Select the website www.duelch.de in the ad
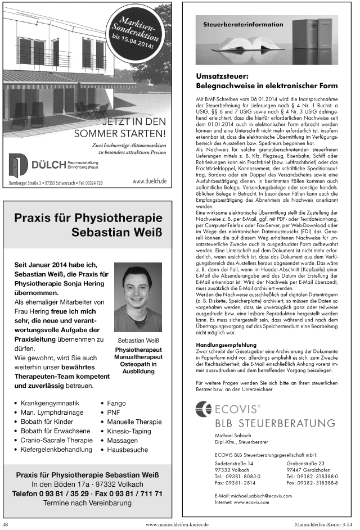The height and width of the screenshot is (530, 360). (x=149, y=181)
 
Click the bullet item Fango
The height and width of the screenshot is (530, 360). (x=116, y=404)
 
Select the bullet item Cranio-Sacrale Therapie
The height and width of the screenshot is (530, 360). (x=56, y=440)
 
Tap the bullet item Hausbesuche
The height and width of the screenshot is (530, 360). (x=127, y=450)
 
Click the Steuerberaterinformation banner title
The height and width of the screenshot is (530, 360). (x=243, y=25)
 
